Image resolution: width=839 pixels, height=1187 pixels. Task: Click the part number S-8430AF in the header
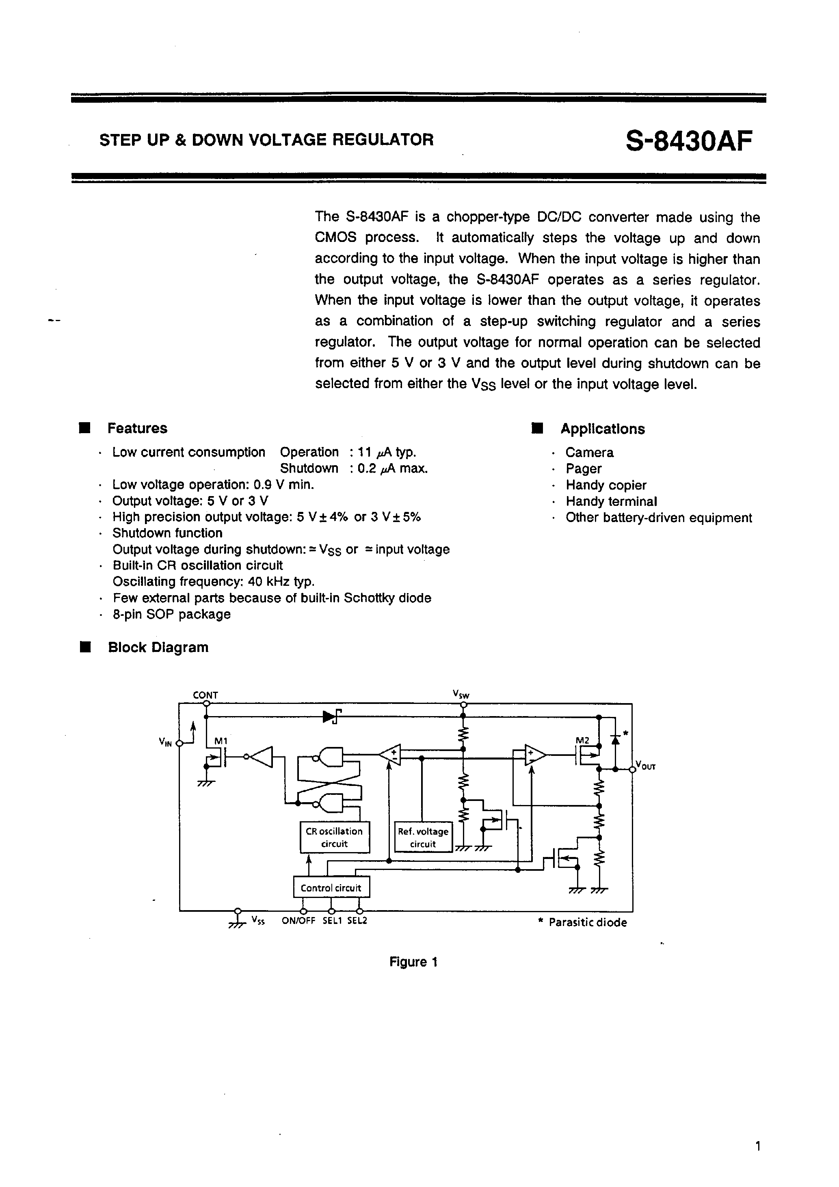tap(688, 140)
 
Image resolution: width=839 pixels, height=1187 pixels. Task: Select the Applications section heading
tap(602, 429)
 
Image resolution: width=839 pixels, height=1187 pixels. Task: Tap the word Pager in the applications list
tap(583, 469)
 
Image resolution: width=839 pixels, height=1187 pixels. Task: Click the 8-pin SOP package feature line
tap(171, 614)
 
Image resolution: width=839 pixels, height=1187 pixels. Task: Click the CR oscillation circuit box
tap(335, 837)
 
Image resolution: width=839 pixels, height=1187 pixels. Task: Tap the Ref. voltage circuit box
tap(423, 837)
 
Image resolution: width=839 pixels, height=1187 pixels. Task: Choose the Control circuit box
tap(331, 888)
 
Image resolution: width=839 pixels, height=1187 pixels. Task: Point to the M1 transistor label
tap(221, 741)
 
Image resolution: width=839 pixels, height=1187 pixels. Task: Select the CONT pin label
tap(205, 695)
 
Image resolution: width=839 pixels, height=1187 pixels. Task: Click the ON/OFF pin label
tap(298, 921)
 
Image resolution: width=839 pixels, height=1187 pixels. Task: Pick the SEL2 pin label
tap(357, 921)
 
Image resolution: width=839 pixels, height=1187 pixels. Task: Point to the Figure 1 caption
tap(413, 962)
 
